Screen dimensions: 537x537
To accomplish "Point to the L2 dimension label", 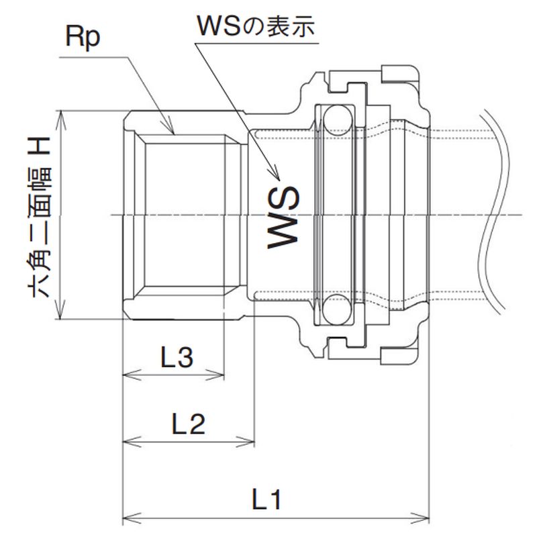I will click(188, 424).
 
